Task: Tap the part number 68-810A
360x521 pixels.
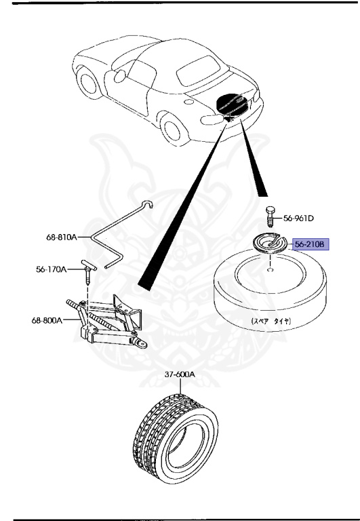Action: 62,238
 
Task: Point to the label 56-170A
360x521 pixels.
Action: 52,269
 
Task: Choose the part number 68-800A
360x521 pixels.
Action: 46,320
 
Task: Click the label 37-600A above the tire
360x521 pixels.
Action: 179,374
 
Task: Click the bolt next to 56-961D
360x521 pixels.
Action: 270,217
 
